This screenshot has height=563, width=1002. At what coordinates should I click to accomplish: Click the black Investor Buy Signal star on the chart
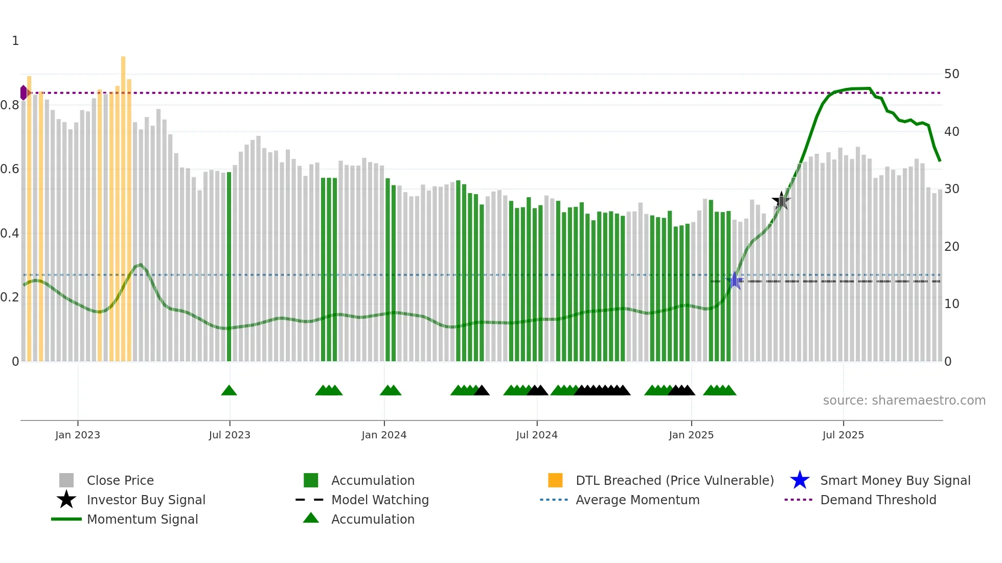point(781,201)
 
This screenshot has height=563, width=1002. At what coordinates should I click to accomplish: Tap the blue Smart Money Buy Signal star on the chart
point(735,280)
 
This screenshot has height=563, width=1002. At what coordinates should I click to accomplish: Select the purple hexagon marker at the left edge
point(24,92)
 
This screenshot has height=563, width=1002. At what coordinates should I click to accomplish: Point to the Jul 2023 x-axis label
point(230,435)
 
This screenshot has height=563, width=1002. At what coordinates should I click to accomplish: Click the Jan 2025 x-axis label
point(691,435)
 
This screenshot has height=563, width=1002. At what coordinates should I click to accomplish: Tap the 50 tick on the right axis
point(951,74)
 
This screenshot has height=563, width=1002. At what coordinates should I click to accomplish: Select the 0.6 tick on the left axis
point(10,169)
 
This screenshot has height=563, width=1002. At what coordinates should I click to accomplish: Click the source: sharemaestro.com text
point(904,401)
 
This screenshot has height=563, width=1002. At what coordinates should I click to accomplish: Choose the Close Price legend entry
point(120,481)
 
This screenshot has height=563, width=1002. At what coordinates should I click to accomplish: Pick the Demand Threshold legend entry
point(878,500)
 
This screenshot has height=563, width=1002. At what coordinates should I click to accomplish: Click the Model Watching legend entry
point(380,500)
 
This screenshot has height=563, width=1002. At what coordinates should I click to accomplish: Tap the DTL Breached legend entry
point(674,481)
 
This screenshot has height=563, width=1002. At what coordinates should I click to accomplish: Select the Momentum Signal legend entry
point(142,520)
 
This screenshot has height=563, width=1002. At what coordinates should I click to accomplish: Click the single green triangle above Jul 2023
point(229,391)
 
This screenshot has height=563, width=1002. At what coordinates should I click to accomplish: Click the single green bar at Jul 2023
point(229,266)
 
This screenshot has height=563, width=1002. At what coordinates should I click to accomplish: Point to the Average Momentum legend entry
point(637,500)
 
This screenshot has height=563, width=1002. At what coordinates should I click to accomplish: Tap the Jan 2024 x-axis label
point(384,435)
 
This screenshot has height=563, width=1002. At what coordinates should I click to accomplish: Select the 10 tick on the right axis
point(951,304)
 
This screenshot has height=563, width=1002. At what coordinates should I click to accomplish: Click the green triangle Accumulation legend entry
point(373,520)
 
